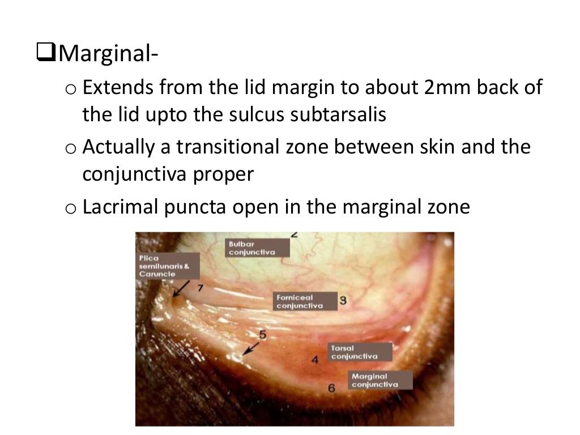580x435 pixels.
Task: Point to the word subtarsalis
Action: (x=338, y=114)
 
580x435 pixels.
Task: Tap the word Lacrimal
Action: (x=120, y=207)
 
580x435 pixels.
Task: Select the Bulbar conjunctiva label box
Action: (x=258, y=248)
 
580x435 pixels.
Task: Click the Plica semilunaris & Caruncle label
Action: (x=167, y=266)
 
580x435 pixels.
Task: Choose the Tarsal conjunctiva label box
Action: (x=360, y=352)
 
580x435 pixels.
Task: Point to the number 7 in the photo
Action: (x=199, y=287)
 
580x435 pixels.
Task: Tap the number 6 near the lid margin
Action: (x=332, y=387)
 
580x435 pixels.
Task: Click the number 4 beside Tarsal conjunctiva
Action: (x=315, y=359)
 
